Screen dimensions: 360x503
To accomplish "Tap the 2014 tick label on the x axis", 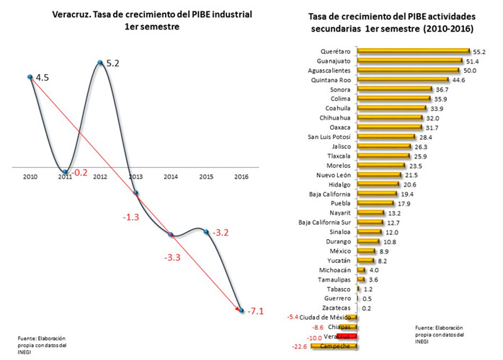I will point(171,176).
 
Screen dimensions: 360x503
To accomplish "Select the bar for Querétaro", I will point(413,52).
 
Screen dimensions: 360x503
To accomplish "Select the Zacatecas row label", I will point(337,307).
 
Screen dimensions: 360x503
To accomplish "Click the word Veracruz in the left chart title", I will point(74,12).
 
